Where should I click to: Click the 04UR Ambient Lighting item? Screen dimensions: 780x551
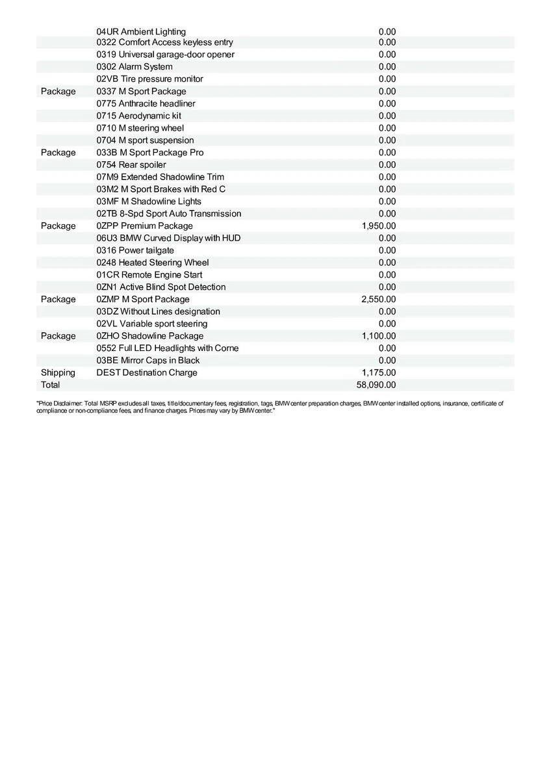[141, 31]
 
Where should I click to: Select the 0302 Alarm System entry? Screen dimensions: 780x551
[135, 67]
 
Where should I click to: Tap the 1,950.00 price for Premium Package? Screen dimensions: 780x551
[379, 226]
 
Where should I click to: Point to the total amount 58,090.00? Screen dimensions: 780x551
[376, 385]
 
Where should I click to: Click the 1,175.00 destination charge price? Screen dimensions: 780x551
[379, 372]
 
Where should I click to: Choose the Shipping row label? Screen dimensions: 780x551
[58, 372]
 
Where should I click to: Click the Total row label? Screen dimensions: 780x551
[50, 385]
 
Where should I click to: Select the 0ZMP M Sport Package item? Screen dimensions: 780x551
[143, 300]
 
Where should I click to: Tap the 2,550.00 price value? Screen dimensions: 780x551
[379, 300]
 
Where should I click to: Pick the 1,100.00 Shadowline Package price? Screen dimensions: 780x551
[379, 336]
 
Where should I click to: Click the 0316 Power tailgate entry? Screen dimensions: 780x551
[135, 250]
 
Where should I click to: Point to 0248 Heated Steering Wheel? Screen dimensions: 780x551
[153, 263]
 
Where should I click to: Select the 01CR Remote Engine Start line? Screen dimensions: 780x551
[149, 275]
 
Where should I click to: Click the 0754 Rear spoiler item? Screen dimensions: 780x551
[131, 165]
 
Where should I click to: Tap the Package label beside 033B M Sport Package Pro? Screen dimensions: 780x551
[58, 153]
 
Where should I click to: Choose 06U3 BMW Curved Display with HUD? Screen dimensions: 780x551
[168, 239]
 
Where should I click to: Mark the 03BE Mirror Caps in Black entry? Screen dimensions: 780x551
[148, 361]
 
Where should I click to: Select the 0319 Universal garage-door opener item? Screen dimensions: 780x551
[166, 55]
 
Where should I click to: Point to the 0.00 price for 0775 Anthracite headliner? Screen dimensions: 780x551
[387, 104]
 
